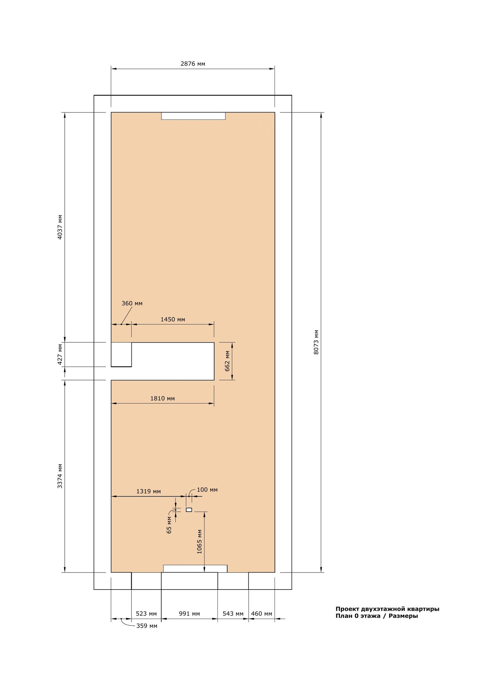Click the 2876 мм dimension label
[x=193, y=64]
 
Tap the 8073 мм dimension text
[x=316, y=342]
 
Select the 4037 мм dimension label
[x=60, y=227]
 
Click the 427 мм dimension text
[x=60, y=354]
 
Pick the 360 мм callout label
[x=132, y=303]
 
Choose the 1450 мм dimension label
[x=173, y=319]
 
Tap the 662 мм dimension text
[x=227, y=361]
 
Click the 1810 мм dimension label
[x=163, y=398]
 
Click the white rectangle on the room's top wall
[x=193, y=116]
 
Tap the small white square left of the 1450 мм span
[x=121, y=354]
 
